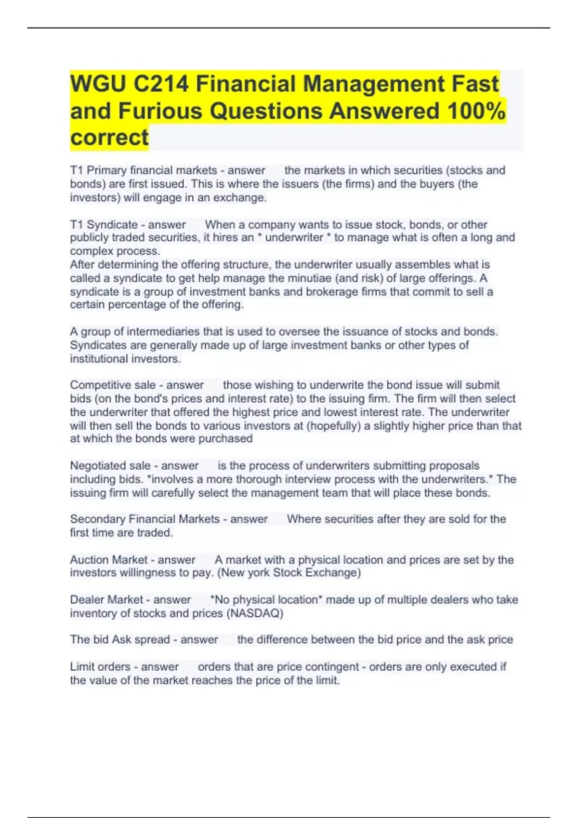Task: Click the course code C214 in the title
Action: [x=161, y=84]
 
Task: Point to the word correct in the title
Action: [x=109, y=138]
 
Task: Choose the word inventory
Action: [x=92, y=613]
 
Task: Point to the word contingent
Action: [x=332, y=667]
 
